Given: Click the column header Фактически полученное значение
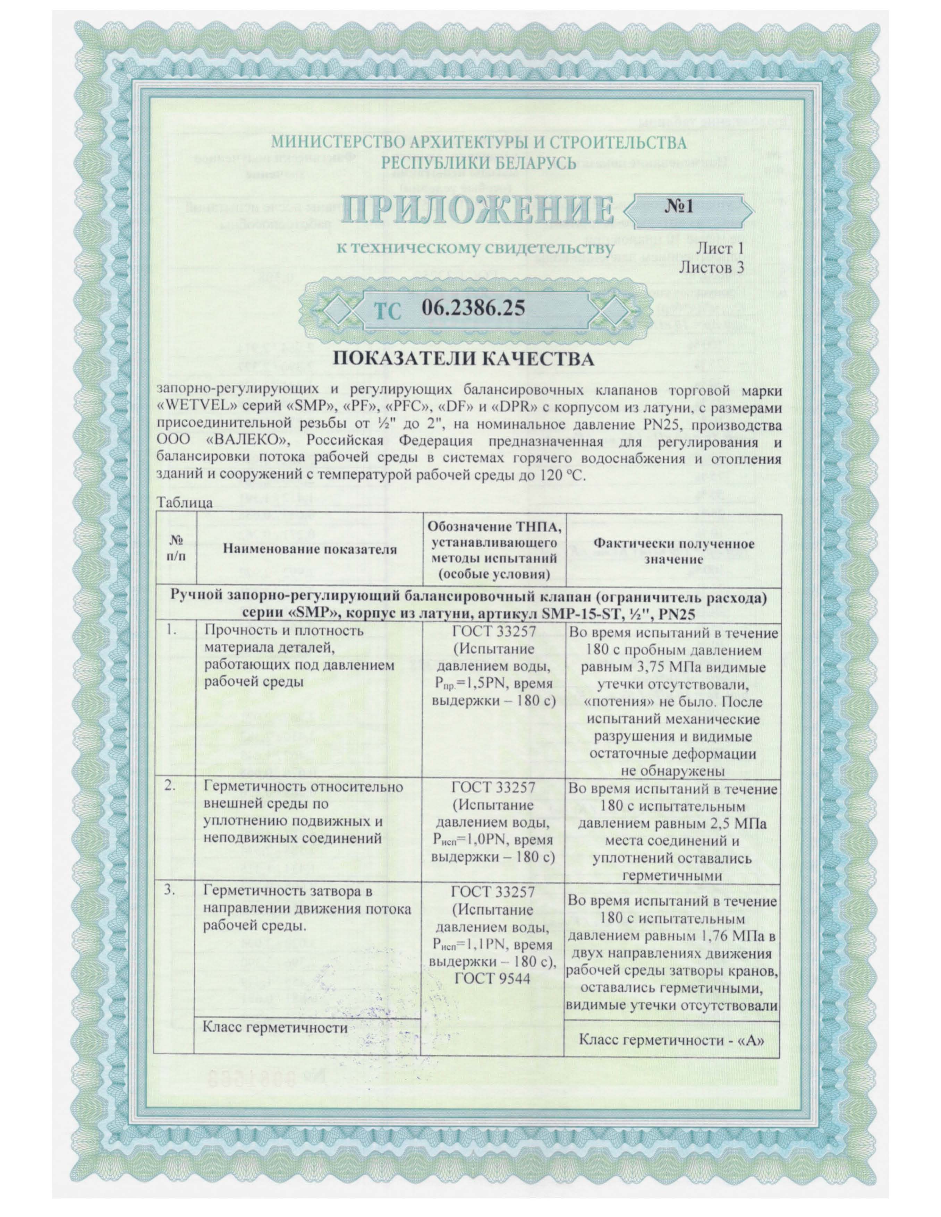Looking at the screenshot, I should coord(673,550).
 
